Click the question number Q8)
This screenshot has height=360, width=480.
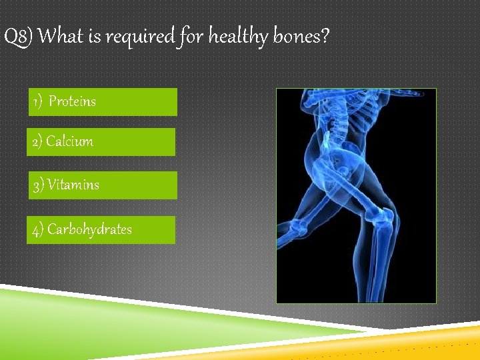tap(19, 37)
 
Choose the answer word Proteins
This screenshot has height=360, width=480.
tap(72, 102)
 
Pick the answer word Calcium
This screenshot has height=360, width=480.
tap(69, 141)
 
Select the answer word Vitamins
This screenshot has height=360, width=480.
tap(73, 185)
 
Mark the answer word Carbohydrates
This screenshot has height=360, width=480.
tap(89, 229)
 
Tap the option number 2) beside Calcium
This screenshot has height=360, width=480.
tap(37, 141)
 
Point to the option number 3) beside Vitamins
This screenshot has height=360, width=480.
tap(39, 185)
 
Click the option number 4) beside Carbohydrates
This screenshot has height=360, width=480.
tap(39, 229)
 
